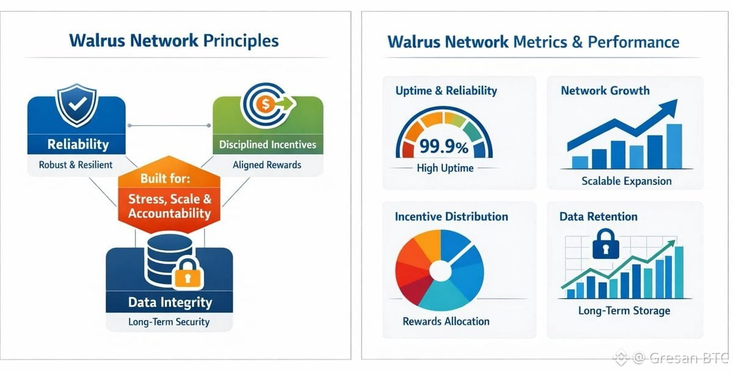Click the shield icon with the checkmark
(76, 105)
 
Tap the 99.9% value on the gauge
(443, 147)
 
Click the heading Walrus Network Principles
(174, 41)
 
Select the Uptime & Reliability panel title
(446, 91)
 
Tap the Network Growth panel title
(605, 91)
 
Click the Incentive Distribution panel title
(451, 217)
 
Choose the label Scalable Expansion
(626, 181)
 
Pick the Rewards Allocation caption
(446, 321)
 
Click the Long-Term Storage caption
(624, 311)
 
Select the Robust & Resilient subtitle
(76, 165)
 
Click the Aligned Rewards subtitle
(267, 165)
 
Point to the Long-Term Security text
(169, 322)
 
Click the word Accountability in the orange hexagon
(169, 213)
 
